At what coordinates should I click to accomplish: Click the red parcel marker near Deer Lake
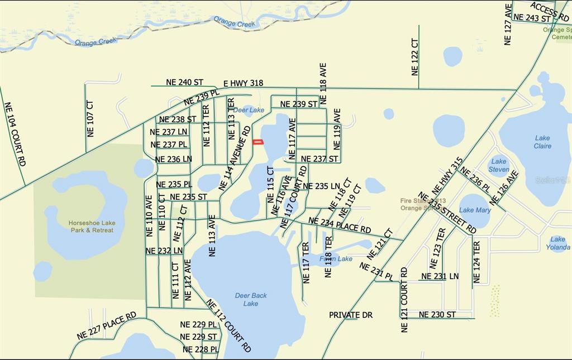(x=258, y=142)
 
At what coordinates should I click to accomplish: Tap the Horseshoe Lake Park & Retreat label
(x=91, y=227)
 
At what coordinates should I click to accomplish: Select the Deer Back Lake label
(x=250, y=299)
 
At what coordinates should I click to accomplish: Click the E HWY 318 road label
(x=243, y=83)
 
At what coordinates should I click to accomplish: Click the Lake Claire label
(x=542, y=142)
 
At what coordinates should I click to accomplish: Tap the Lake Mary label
(x=475, y=210)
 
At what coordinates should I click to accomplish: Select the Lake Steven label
(x=498, y=165)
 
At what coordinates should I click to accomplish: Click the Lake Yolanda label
(x=557, y=243)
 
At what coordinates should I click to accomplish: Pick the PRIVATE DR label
(x=350, y=315)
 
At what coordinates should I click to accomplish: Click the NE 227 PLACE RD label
(x=107, y=327)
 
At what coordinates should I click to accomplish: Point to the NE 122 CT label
(x=414, y=57)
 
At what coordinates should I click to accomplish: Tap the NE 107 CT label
(x=90, y=119)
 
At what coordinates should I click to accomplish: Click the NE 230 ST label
(x=437, y=315)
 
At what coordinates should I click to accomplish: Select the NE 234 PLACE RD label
(x=340, y=225)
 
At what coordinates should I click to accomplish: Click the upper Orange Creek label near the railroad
(x=235, y=22)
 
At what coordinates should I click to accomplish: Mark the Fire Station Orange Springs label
(x=423, y=204)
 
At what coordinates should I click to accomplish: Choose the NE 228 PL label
(x=201, y=349)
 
